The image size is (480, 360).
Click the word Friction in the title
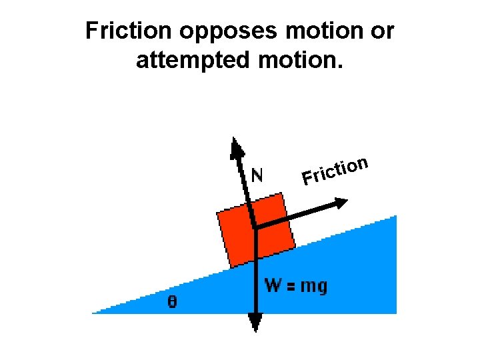click(125, 31)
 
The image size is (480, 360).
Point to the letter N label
click(257, 175)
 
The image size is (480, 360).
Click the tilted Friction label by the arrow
click(335, 170)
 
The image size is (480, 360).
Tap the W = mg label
click(296, 287)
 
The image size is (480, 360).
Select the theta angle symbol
click(172, 302)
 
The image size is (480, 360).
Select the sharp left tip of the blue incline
click(94, 312)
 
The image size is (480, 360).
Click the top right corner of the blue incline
click(395, 217)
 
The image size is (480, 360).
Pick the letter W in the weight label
click(273, 286)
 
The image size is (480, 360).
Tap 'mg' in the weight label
click(314, 287)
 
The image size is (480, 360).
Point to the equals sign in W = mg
click(291, 287)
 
